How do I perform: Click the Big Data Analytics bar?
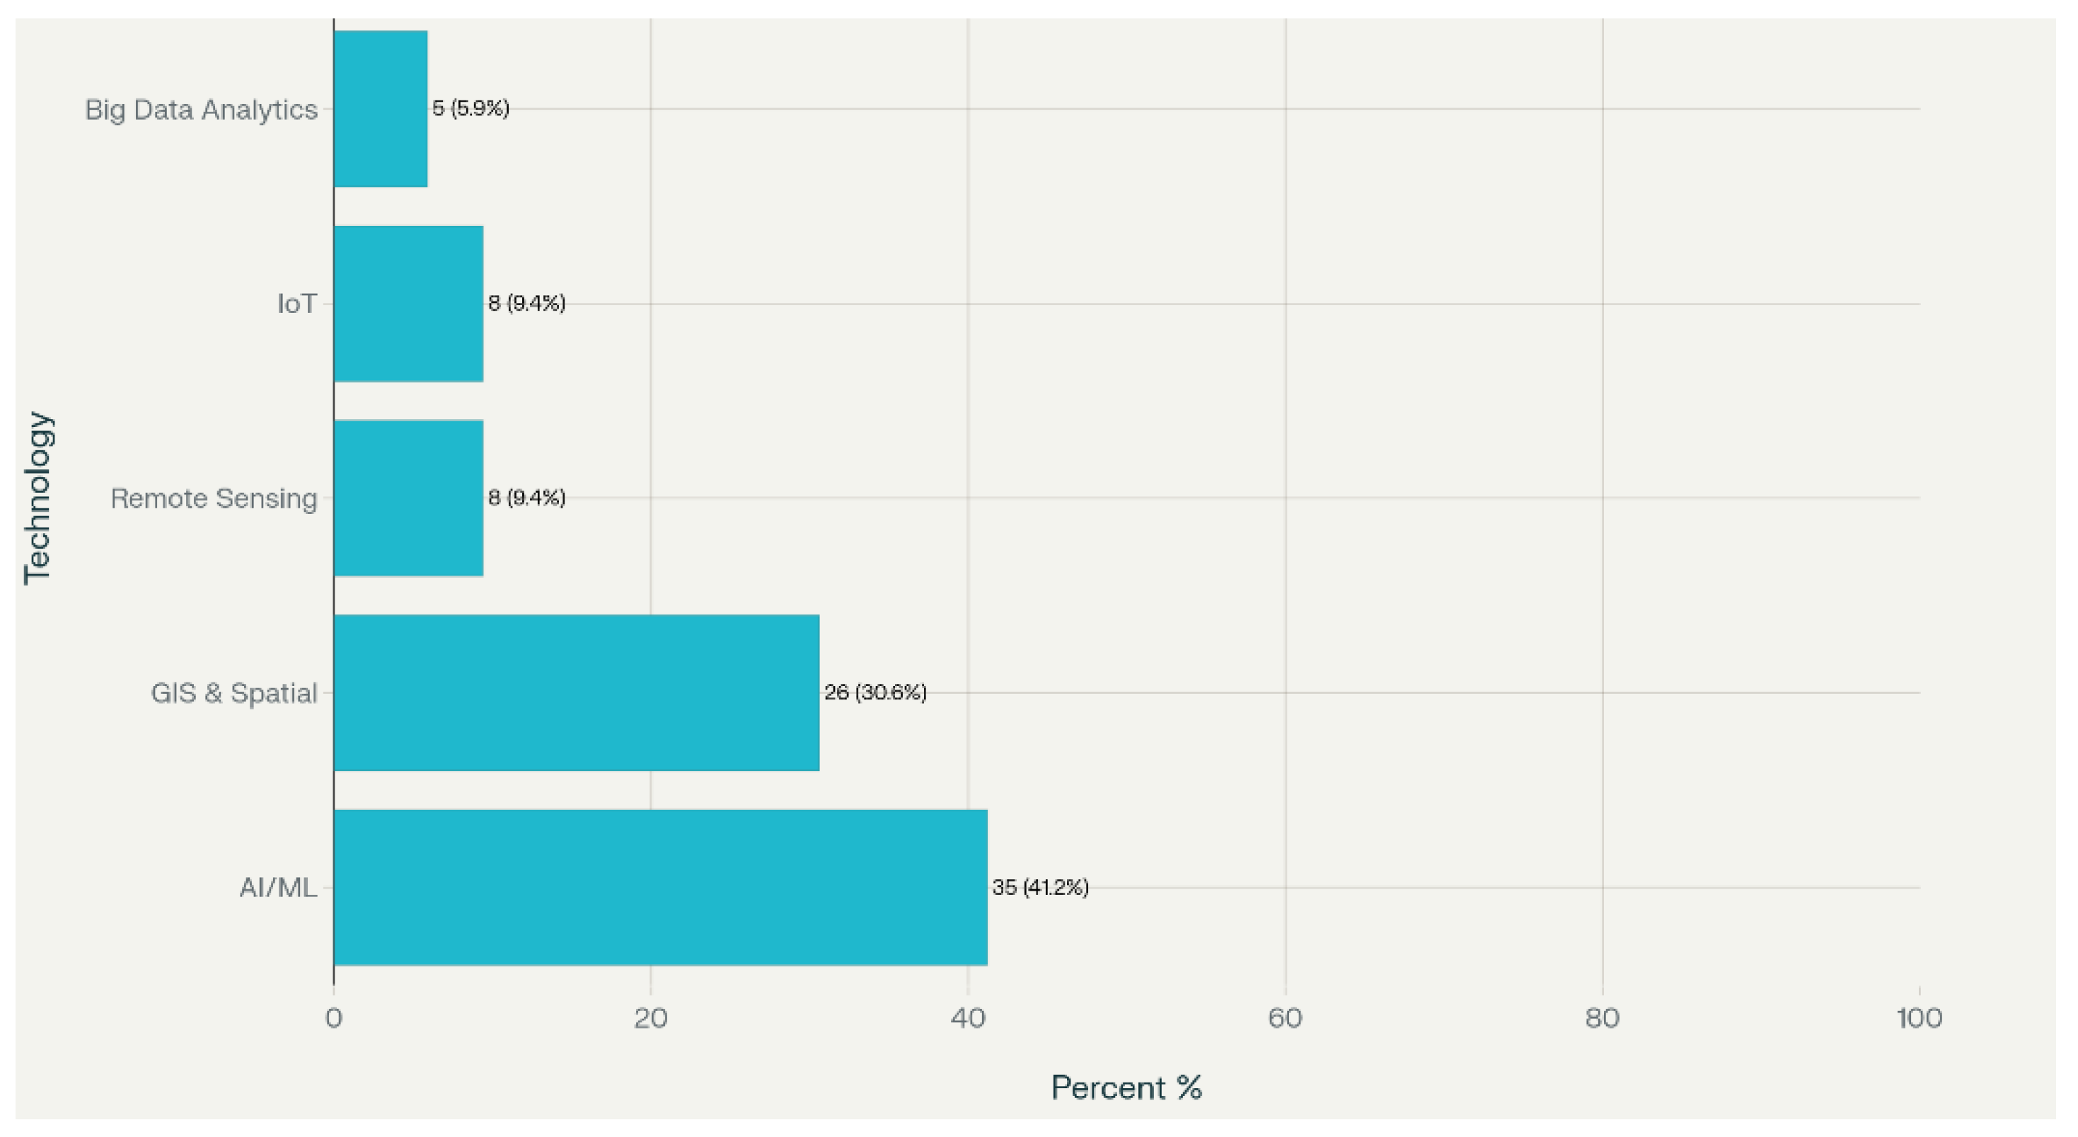[381, 109]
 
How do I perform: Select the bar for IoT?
[408, 304]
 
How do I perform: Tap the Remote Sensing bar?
[408, 498]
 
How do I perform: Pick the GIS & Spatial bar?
[577, 692]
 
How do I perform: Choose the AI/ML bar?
[661, 888]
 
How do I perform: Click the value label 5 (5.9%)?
[471, 108]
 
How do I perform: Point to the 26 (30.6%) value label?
[875, 692]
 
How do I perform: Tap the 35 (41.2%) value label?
[1041, 888]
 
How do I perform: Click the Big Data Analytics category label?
[201, 110]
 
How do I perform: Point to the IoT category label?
[297, 304]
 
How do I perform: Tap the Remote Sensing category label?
[214, 498]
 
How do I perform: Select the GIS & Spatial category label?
[234, 693]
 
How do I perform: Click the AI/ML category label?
[278, 888]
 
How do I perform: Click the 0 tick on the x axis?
[333, 1018]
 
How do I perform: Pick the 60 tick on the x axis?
[1285, 1018]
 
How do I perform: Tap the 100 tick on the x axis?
[1919, 1018]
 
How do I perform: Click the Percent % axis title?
[1126, 1087]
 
